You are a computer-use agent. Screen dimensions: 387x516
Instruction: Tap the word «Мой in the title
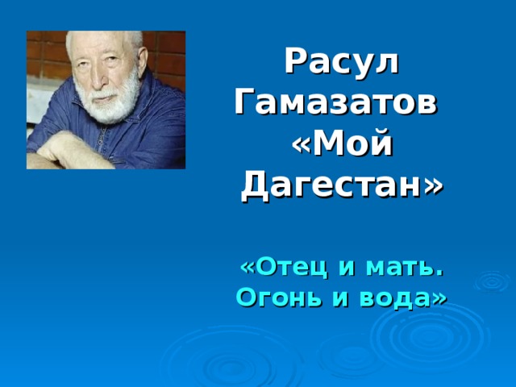coord(342,144)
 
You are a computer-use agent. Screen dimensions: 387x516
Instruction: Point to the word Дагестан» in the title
coord(342,185)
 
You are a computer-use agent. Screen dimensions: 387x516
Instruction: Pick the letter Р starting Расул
coord(296,62)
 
